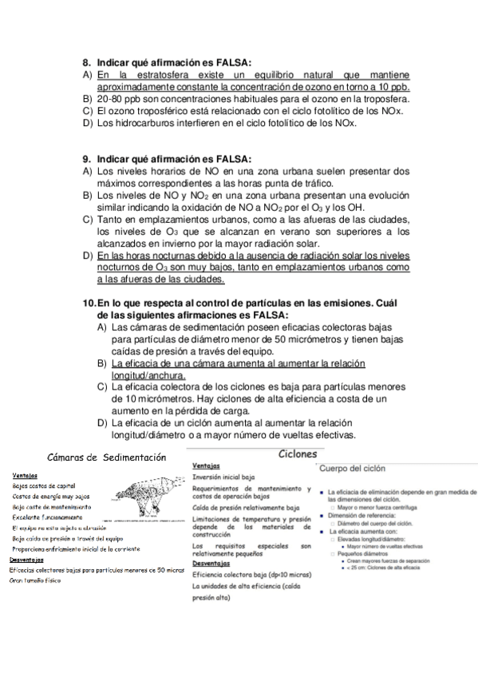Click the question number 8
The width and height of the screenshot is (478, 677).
pos(88,61)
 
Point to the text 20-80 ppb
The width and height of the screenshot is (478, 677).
pos(122,99)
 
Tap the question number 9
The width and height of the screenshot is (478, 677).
pos(88,158)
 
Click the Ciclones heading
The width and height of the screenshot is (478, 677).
pos(297,454)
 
